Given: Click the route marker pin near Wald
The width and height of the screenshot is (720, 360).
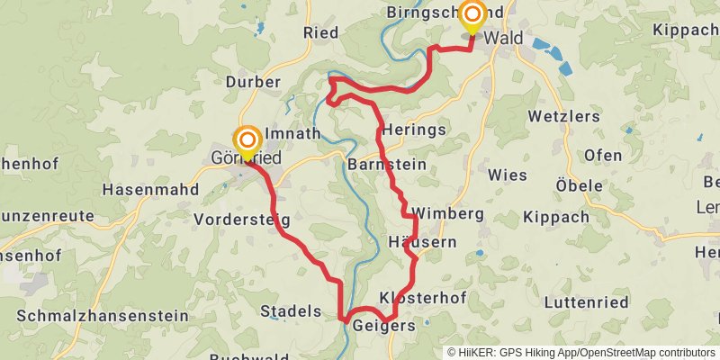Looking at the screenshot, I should [471, 15].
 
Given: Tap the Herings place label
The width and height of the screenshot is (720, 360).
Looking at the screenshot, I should [414, 130].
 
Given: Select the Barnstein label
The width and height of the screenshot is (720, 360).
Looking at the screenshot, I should [386, 166].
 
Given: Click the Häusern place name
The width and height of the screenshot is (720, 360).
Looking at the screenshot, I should [422, 242].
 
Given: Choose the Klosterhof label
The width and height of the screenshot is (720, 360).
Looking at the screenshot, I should [415, 297].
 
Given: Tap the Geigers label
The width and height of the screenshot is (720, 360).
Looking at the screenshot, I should [384, 325].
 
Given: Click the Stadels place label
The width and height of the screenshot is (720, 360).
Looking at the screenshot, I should [290, 311].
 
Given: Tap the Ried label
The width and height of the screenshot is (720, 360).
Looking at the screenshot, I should [320, 32].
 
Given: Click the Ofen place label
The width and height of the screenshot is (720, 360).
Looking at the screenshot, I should [602, 156].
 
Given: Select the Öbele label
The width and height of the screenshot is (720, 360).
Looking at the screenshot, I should [579, 185].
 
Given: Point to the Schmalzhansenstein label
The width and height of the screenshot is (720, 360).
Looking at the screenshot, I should [103, 316].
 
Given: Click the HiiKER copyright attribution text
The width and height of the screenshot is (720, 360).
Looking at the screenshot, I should [581, 352].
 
